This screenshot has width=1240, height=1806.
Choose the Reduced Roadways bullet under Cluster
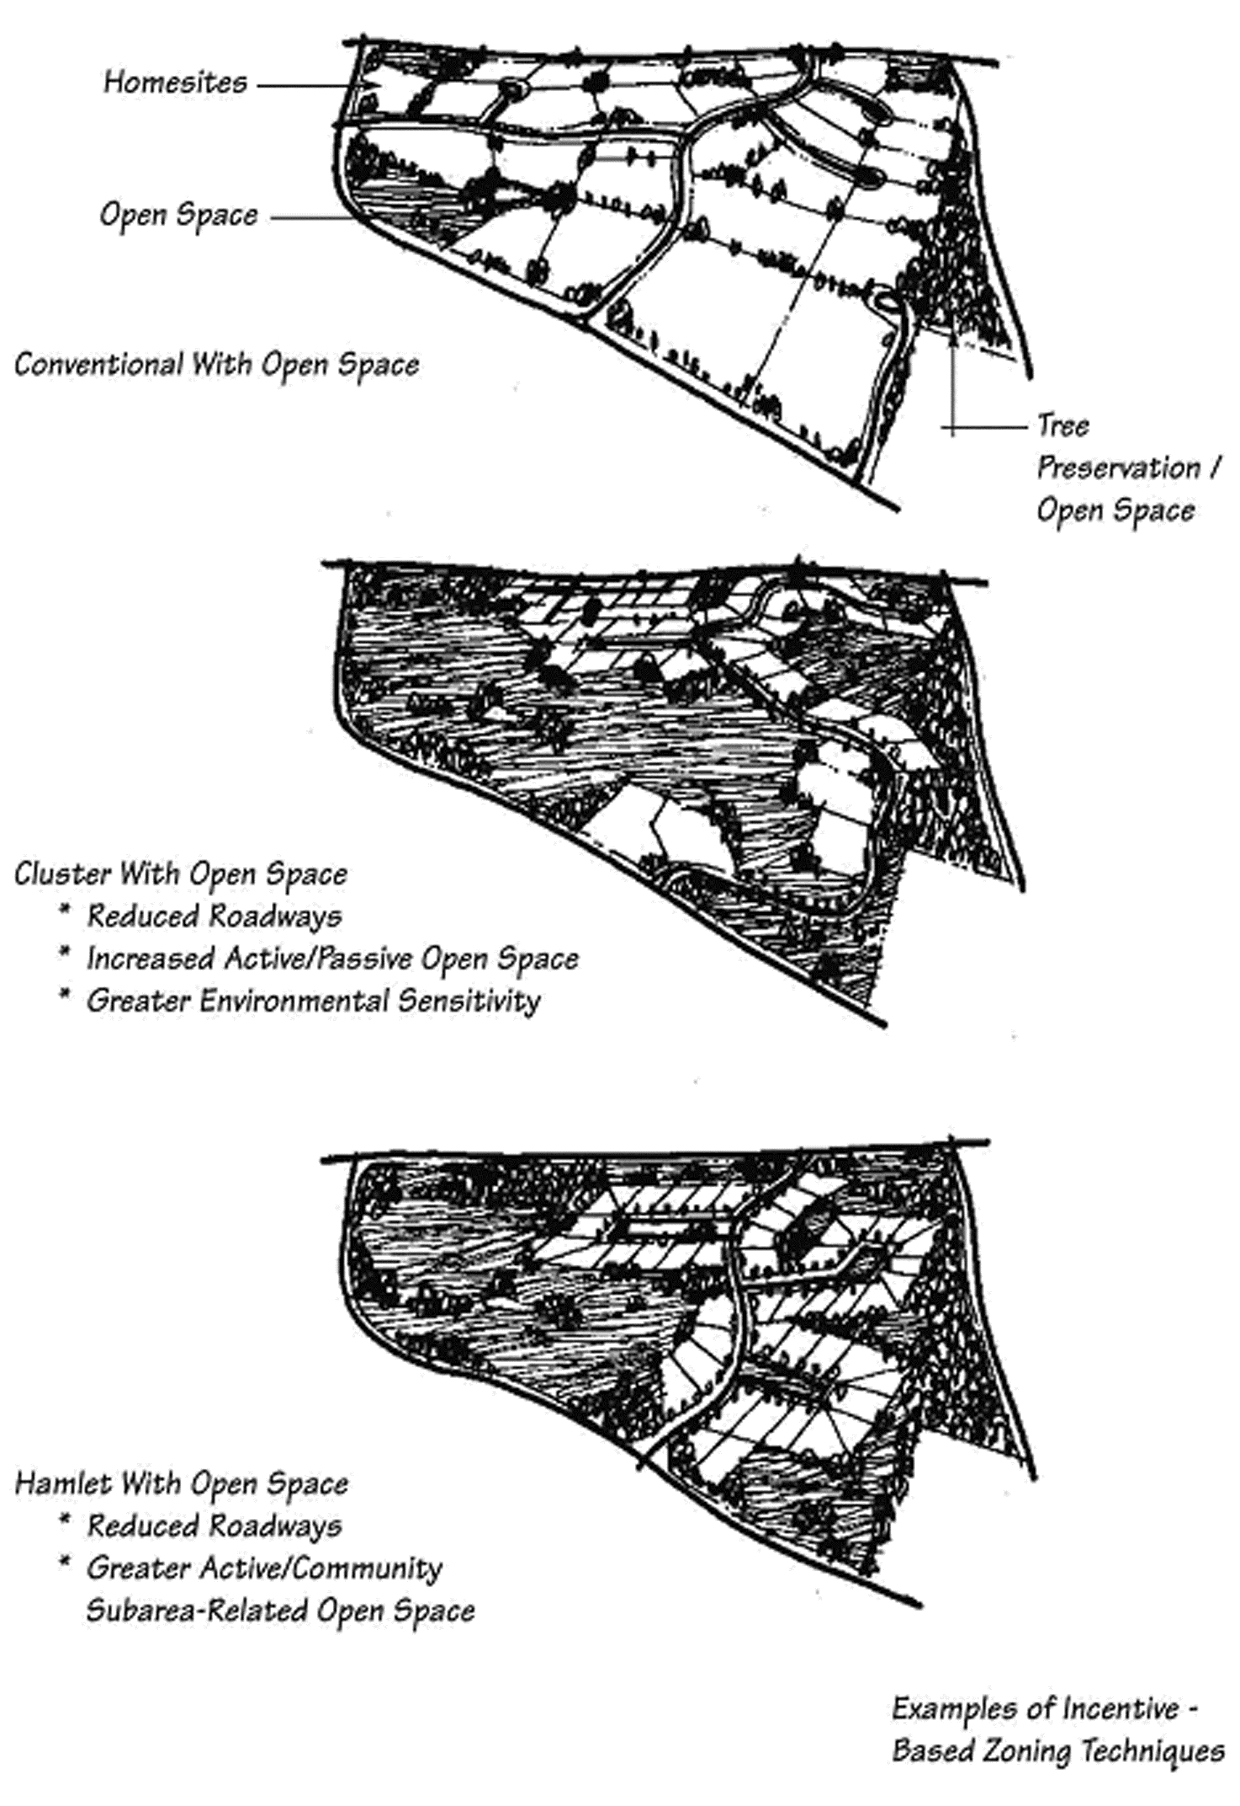pyautogui.click(x=214, y=916)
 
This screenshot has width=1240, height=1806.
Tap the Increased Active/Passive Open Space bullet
pyautogui.click(x=332, y=959)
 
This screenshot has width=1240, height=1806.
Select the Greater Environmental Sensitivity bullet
pyautogui.click(x=313, y=1001)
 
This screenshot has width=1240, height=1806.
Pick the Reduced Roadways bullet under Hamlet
pyautogui.click(x=214, y=1526)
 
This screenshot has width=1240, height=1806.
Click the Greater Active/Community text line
pyautogui.click(x=264, y=1568)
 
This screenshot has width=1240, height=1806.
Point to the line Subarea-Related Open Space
pyautogui.click(x=280, y=1610)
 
